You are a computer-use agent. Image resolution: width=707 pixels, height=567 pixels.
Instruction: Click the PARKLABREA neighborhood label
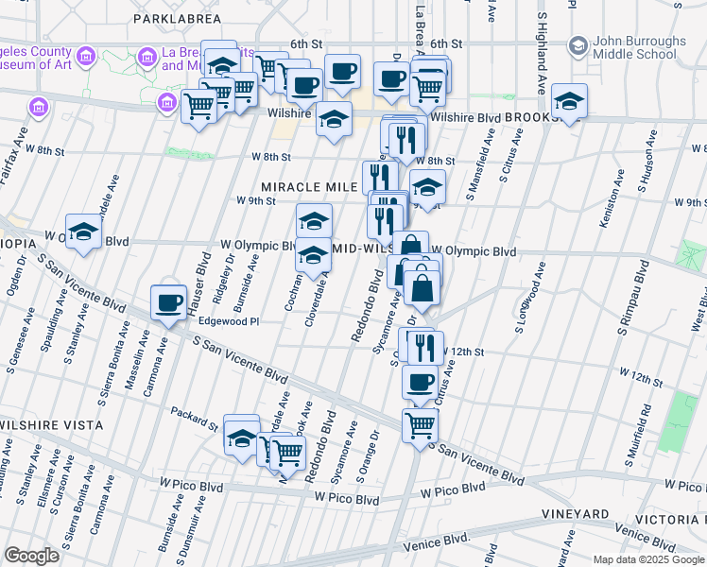(x=178, y=18)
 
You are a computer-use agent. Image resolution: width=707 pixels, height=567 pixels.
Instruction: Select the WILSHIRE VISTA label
(x=50, y=425)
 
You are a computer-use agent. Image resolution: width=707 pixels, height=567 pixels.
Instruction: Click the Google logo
(x=31, y=556)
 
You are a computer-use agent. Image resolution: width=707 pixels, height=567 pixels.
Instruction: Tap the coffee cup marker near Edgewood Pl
(x=169, y=303)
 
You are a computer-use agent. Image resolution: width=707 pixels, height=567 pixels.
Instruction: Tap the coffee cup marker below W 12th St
(x=420, y=383)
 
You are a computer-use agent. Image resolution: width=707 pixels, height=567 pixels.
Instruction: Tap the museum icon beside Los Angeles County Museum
(x=86, y=58)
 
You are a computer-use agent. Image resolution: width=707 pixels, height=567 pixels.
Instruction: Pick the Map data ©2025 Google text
(x=647, y=558)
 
